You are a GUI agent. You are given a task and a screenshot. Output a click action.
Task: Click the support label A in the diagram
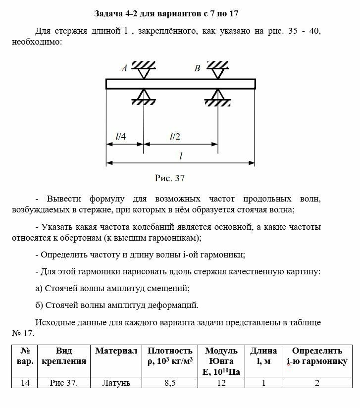(124, 69)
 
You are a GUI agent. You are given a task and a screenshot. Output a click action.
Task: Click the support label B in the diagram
(197, 69)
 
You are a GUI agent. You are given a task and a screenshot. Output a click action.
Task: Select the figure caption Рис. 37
(170, 178)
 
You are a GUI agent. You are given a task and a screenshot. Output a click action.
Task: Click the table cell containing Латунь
(116, 383)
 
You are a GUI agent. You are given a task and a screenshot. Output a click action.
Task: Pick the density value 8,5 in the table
(169, 383)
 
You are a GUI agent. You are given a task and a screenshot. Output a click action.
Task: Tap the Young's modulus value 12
(221, 383)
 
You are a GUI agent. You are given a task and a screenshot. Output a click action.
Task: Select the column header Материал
(116, 351)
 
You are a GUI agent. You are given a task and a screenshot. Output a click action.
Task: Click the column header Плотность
(170, 351)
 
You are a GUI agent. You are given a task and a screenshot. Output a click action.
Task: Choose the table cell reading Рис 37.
(64, 383)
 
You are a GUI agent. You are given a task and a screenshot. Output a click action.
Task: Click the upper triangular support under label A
(144, 73)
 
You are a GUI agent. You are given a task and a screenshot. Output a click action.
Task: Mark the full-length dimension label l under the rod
(181, 155)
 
